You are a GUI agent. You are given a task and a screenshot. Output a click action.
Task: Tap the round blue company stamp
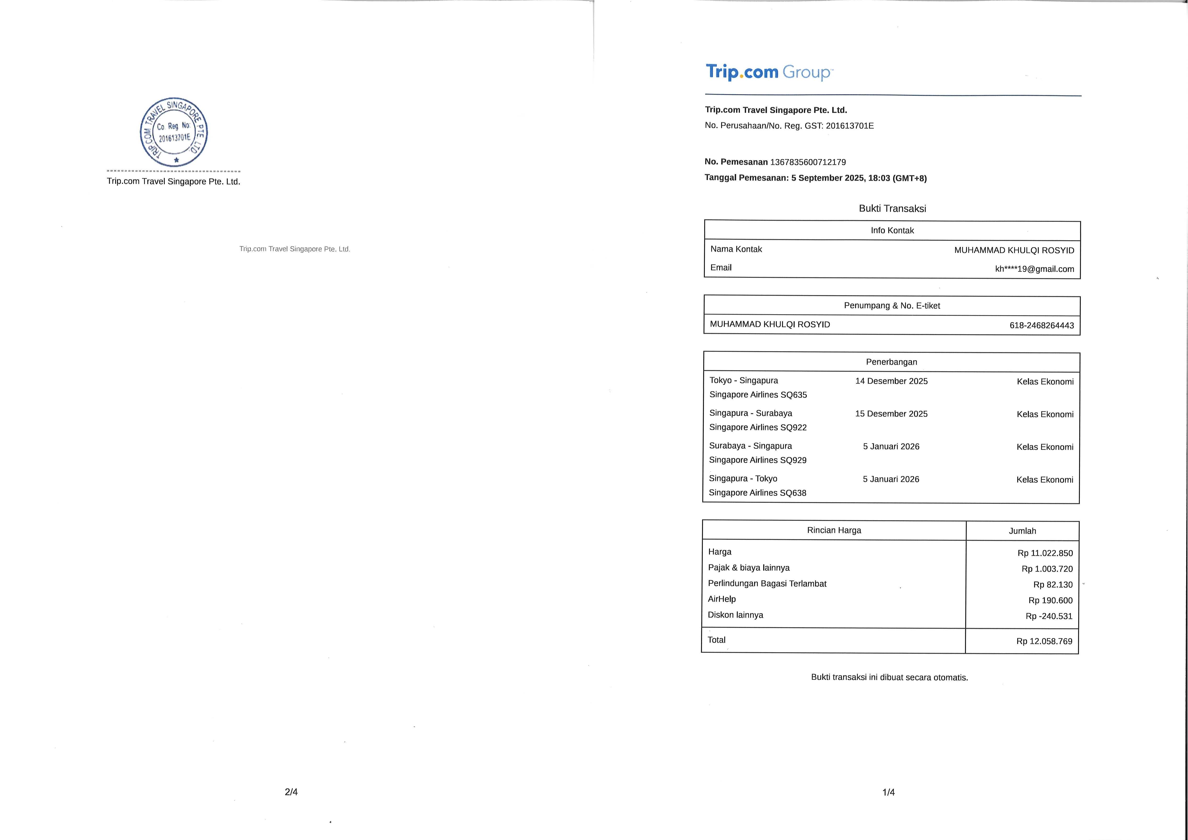tap(174, 131)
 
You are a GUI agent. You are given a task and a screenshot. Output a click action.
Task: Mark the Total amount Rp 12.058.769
tap(1044, 641)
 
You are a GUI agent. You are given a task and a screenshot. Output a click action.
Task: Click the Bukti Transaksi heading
tap(892, 209)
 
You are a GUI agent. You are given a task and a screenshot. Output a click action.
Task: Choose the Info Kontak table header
tap(892, 230)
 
